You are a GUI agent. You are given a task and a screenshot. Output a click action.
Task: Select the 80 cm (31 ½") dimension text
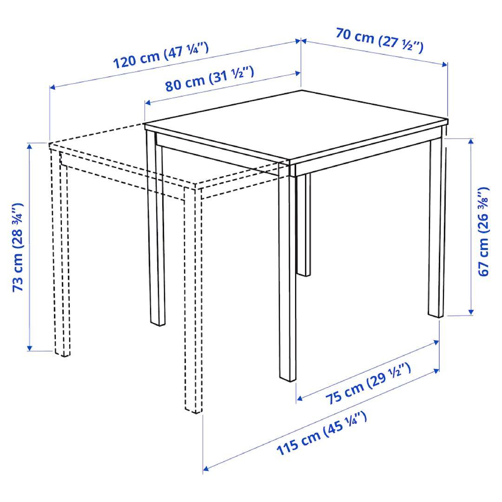(210, 79)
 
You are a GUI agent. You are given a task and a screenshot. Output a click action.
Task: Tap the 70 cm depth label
(379, 40)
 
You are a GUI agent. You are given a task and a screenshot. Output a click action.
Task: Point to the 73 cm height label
(18, 247)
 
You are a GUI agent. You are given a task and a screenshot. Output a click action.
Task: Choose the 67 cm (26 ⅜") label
(483, 231)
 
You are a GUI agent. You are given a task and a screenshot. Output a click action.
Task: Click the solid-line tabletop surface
(296, 125)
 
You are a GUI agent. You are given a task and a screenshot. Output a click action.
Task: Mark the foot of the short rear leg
(304, 273)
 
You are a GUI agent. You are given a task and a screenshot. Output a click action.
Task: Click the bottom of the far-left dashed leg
(62, 353)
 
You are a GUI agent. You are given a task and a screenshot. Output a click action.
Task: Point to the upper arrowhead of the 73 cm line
(29, 145)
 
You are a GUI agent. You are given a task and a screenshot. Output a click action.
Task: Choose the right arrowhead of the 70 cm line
(444, 64)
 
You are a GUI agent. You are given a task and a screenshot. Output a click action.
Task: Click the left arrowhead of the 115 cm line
(206, 469)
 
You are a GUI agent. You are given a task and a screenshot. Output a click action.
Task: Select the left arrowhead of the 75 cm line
(300, 398)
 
